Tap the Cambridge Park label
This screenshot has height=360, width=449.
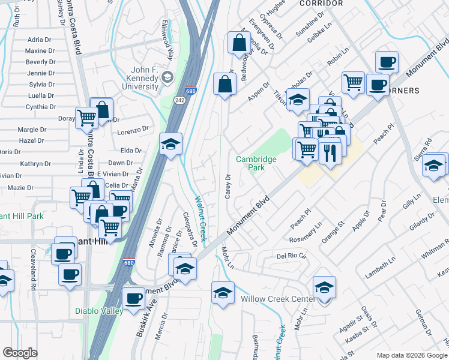[x=256, y=163]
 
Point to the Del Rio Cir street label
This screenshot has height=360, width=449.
[x=291, y=256]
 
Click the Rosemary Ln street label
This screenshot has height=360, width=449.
[x=306, y=233]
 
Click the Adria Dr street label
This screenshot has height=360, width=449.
[x=40, y=40]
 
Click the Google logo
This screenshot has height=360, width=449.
[x=20, y=353]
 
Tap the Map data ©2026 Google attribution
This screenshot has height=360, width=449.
[x=412, y=355]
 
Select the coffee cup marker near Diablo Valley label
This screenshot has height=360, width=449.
[x=133, y=297]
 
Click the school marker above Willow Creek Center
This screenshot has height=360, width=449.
[x=324, y=287]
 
